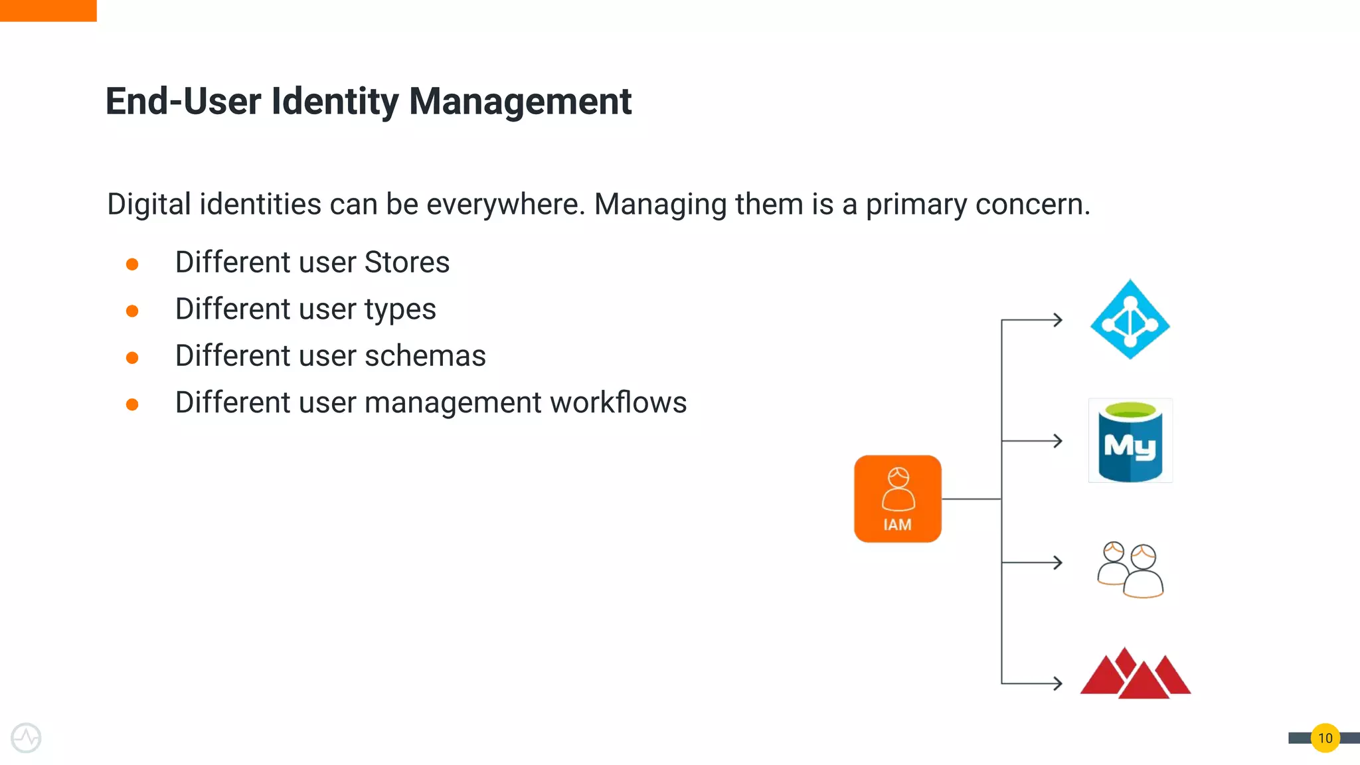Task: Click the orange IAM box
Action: point(897,499)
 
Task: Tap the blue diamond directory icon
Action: point(1130,320)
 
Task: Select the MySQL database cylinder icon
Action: point(1130,441)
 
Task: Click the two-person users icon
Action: point(1130,570)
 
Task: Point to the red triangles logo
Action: point(1136,675)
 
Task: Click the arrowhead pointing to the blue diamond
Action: point(1057,320)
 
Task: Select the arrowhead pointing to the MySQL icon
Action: point(1057,441)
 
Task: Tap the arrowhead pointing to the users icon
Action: point(1057,563)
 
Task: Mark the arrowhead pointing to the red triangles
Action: point(1057,683)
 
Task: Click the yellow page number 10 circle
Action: point(1325,738)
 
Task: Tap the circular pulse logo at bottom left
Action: point(26,738)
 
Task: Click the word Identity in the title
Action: point(335,102)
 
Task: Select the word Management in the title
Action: point(520,102)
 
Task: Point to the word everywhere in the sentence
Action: point(505,204)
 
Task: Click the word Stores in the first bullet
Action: point(407,262)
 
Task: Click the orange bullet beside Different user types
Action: point(132,311)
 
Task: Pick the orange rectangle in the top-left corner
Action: point(48,11)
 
